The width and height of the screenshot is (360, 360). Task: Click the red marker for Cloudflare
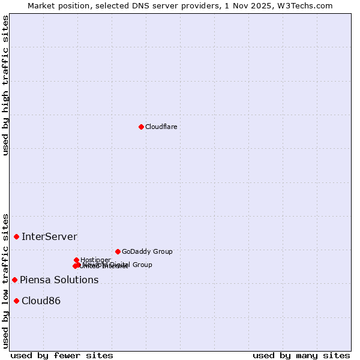[141, 127]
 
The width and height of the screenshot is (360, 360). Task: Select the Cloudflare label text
[161, 127]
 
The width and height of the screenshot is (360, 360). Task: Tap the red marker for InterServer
[16, 237]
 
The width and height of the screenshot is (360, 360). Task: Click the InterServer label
[49, 237]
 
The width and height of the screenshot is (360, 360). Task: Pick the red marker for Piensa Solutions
[14, 280]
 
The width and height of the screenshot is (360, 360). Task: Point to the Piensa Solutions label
[59, 280]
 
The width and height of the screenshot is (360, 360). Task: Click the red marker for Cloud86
[16, 301]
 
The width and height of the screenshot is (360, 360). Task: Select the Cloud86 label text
[41, 301]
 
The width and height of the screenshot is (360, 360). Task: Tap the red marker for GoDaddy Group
[118, 251]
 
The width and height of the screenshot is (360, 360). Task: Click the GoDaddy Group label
[147, 252]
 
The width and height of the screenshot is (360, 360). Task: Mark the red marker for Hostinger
[76, 260]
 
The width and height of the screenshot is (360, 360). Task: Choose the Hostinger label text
[95, 260]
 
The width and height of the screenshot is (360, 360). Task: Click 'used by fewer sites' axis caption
[62, 355]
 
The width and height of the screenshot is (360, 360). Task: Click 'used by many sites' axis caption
[301, 355]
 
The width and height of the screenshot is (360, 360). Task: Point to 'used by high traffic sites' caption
[5, 85]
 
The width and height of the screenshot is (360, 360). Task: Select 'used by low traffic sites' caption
[5, 281]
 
